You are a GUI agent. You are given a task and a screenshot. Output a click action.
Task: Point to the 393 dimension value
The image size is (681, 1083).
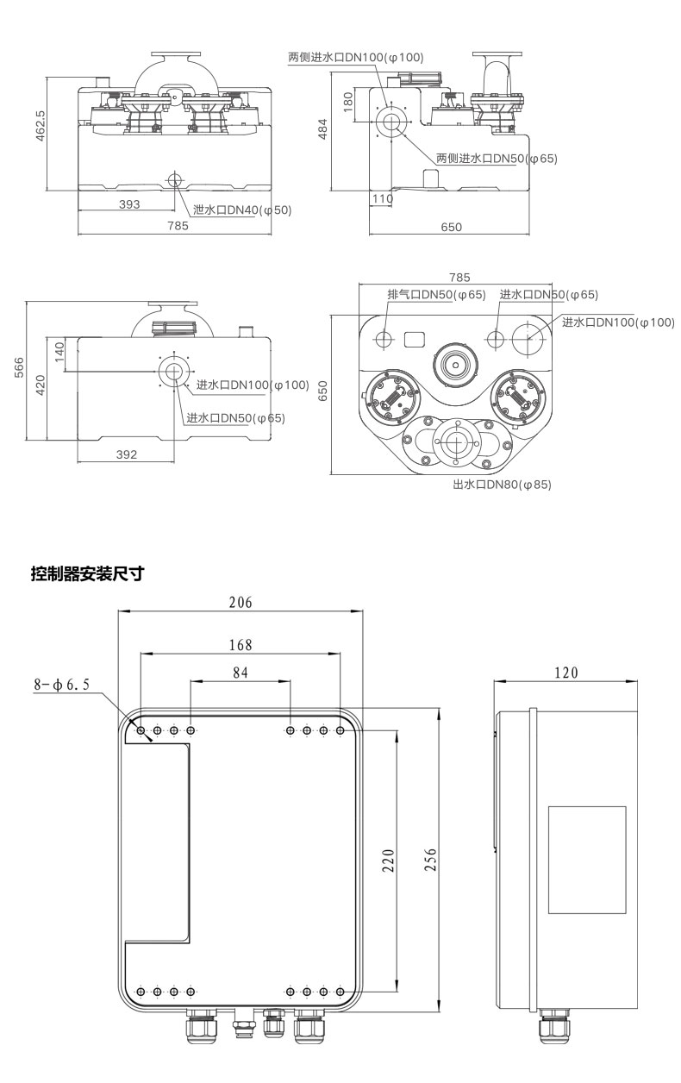pyautogui.click(x=128, y=204)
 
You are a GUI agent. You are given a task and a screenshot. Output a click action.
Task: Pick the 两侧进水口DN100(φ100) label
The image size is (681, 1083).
pyautogui.click(x=355, y=58)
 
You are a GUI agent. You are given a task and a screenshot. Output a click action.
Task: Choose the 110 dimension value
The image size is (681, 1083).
pyautogui.click(x=382, y=198)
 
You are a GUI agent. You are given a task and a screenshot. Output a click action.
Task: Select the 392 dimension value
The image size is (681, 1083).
pyautogui.click(x=127, y=455)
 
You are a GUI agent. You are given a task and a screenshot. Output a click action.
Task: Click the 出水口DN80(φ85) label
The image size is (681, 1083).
pyautogui.click(x=501, y=485)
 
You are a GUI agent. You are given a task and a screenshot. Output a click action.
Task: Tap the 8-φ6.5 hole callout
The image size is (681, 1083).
pyautogui.click(x=61, y=685)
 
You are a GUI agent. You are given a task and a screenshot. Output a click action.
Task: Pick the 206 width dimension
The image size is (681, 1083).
pyautogui.click(x=241, y=603)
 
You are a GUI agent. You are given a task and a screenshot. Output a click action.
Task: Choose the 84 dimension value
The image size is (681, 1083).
pyautogui.click(x=241, y=673)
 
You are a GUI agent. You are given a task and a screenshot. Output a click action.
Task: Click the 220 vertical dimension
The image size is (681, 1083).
pyautogui.click(x=388, y=860)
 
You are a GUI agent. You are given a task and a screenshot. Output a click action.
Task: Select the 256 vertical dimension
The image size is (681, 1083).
pyautogui.click(x=432, y=860)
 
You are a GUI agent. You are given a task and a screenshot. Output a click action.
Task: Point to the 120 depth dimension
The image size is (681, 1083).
pyautogui.click(x=565, y=673)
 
